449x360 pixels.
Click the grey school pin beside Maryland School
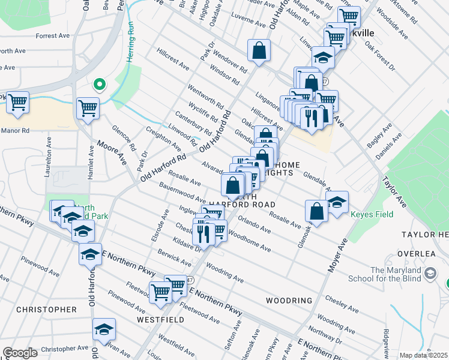pyautogui.click(x=430, y=274)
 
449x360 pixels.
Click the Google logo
pyautogui.click(x=20, y=353)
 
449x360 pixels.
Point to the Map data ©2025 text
pyautogui.click(x=423, y=355)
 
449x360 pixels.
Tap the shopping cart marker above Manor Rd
pyautogui.click(x=18, y=103)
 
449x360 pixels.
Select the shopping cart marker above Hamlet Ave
pyautogui.click(x=88, y=109)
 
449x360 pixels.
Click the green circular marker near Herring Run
pyautogui.click(x=100, y=84)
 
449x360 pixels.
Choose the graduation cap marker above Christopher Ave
pyautogui.click(x=104, y=329)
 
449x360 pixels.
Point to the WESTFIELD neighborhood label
pyautogui.click(x=160, y=320)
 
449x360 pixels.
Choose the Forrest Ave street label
pyautogui.click(x=55, y=35)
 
